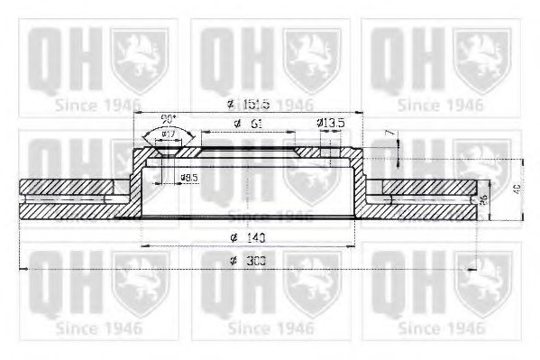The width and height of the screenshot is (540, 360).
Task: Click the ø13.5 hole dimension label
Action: pos(330,123)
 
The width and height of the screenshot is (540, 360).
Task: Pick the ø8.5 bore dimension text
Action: pos(189,177)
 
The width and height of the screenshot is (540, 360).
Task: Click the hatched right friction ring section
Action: pos(424,198)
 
